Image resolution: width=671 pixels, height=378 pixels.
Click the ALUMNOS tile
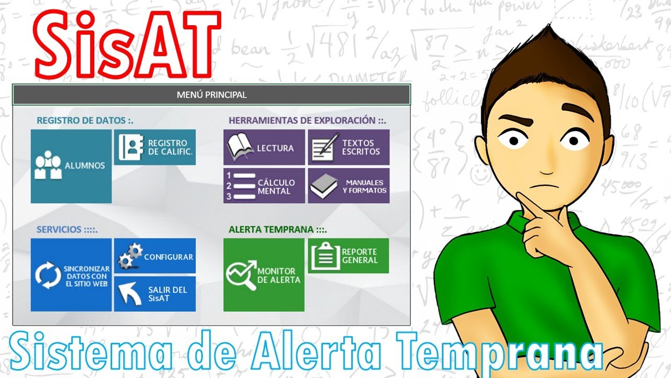[71, 166]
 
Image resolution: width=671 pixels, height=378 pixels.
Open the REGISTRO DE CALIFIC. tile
[155, 148]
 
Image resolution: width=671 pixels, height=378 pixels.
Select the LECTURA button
[264, 148]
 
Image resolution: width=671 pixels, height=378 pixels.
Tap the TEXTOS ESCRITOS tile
[349, 148]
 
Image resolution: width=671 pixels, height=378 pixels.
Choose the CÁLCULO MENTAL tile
[264, 186]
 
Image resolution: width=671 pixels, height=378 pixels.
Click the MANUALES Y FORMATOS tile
[349, 186]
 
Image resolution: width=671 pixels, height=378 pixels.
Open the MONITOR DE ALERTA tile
[264, 275]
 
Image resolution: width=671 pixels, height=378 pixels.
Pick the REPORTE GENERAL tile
[348, 256]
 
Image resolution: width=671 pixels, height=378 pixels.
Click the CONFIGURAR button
[155, 256]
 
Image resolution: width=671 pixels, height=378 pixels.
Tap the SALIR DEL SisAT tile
[155, 294]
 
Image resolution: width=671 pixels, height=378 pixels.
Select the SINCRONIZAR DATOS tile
[71, 275]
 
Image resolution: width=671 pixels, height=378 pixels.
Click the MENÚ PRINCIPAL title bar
[211, 95]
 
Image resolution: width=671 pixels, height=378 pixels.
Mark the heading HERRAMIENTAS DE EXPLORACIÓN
[307, 121]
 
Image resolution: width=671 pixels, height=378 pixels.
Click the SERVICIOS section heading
[67, 229]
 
